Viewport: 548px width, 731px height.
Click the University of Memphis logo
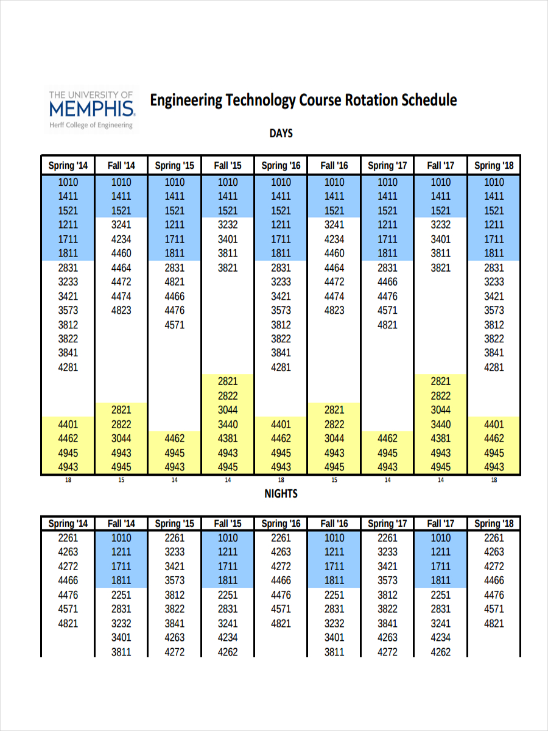[91, 108]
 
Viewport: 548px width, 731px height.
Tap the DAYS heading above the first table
[281, 133]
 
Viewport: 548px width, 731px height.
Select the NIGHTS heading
[281, 493]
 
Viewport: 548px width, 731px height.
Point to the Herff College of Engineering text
[91, 125]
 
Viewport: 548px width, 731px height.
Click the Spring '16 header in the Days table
[281, 165]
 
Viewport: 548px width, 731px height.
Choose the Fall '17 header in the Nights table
[440, 523]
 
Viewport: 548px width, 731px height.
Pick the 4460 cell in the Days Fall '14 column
[121, 253]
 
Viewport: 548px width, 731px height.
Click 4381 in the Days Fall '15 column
[228, 439]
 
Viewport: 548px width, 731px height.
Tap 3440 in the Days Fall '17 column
[440, 425]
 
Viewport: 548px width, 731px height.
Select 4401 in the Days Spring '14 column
[68, 425]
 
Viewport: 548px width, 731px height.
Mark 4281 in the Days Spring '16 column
[281, 367]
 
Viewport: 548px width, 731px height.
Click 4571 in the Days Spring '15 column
[174, 325]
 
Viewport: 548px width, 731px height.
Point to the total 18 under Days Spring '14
[68, 480]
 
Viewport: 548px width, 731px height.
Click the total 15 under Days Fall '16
[334, 480]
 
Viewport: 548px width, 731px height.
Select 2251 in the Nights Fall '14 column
[121, 595]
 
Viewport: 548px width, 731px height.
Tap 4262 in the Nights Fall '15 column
[228, 652]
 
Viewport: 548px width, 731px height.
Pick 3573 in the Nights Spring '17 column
[387, 581]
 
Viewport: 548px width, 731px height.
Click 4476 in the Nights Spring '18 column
[494, 595]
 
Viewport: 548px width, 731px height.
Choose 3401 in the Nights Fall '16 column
[334, 638]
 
